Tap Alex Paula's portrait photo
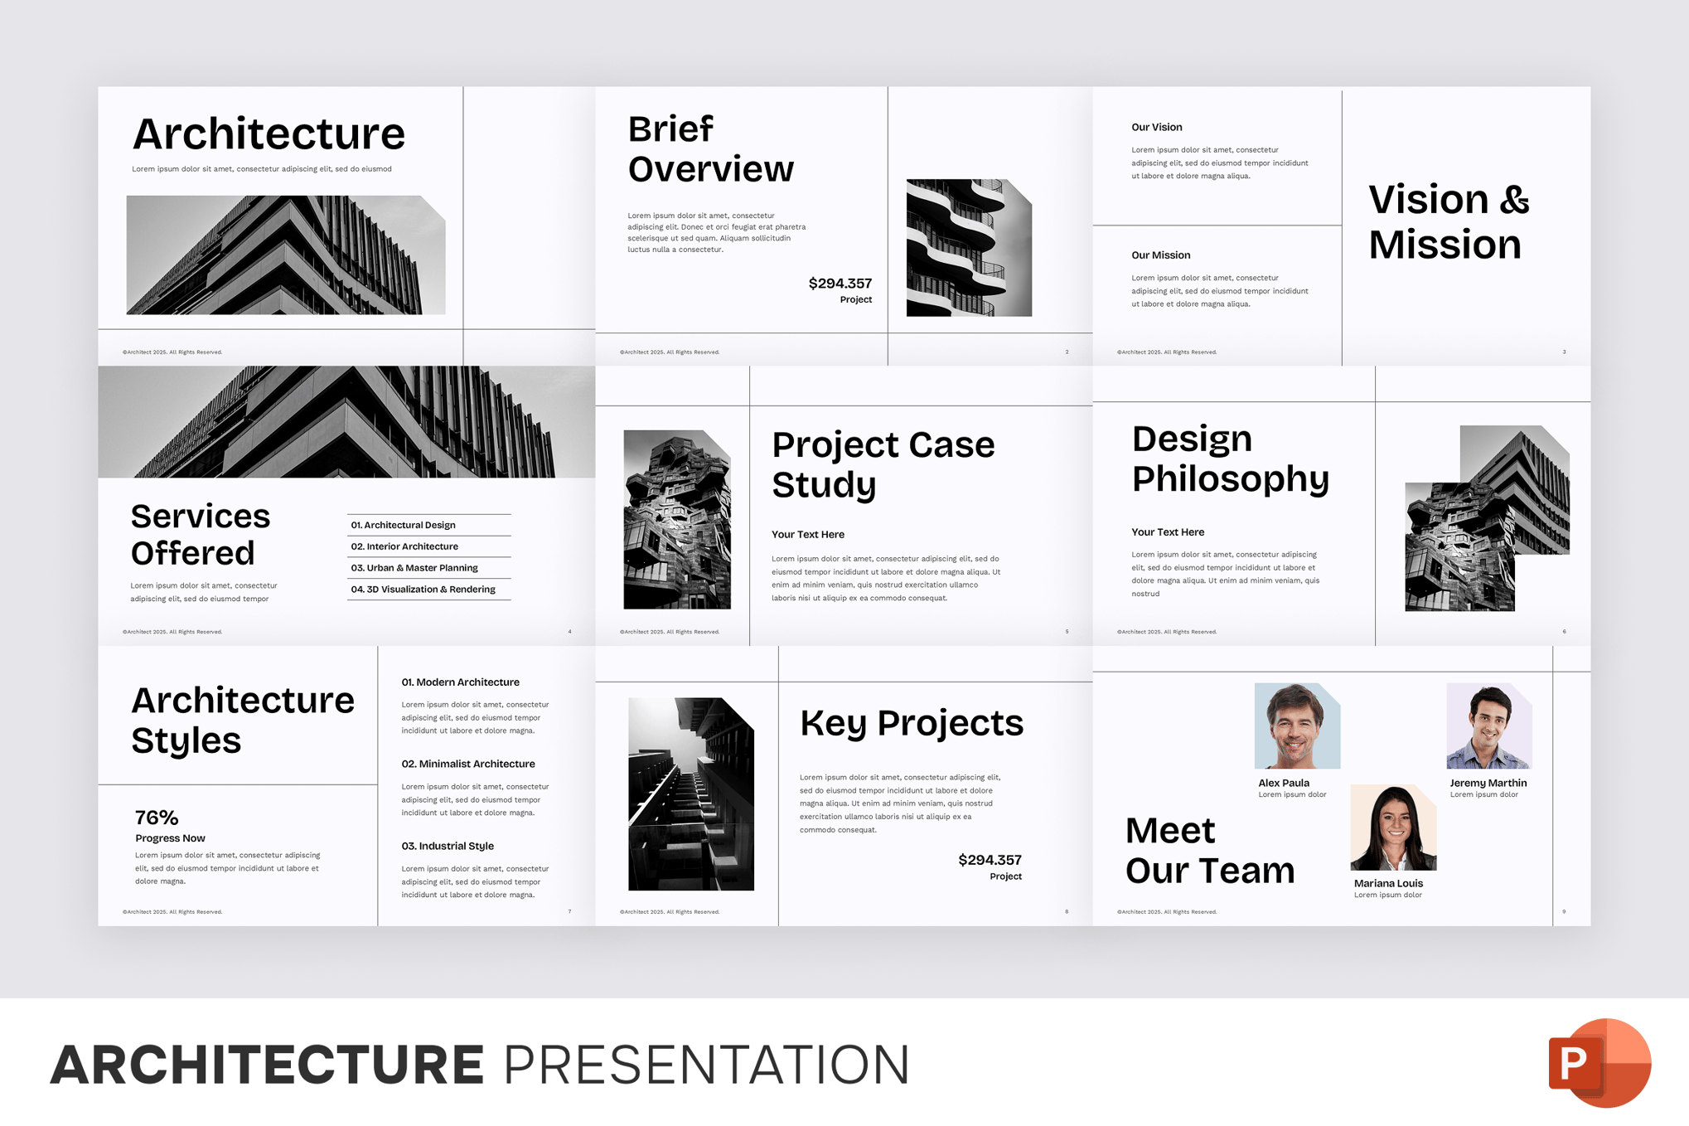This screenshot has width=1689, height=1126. pyautogui.click(x=1296, y=726)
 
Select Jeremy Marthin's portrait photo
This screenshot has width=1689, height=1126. pyautogui.click(x=1488, y=726)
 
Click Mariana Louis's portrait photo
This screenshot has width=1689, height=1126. pyautogui.click(x=1392, y=827)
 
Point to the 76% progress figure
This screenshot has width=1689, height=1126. pyautogui.click(x=157, y=818)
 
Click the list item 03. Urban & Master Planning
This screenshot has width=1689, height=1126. pyautogui.click(x=414, y=568)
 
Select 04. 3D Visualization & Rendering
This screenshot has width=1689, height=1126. pyautogui.click(x=423, y=590)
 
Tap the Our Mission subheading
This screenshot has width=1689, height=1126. pyautogui.click(x=1160, y=255)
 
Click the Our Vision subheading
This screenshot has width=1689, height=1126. pyautogui.click(x=1156, y=127)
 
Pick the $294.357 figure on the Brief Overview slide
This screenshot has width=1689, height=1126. pyautogui.click(x=840, y=284)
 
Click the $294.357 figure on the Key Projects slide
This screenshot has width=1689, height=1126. pyautogui.click(x=990, y=860)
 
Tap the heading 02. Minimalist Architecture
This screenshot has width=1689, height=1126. pyautogui.click(x=468, y=764)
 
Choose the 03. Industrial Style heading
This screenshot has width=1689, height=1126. pyautogui.click(x=448, y=846)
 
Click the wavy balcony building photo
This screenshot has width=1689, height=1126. pyautogui.click(x=968, y=247)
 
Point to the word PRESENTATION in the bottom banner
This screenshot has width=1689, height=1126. pyautogui.click(x=706, y=1065)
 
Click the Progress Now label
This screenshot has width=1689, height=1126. pyautogui.click(x=170, y=838)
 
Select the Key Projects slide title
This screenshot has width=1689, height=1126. pyautogui.click(x=912, y=723)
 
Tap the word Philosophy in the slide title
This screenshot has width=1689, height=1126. pyautogui.click(x=1230, y=478)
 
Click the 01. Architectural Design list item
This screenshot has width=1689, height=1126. pyautogui.click(x=403, y=525)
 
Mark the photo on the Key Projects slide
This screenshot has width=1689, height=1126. pyautogui.click(x=690, y=794)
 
